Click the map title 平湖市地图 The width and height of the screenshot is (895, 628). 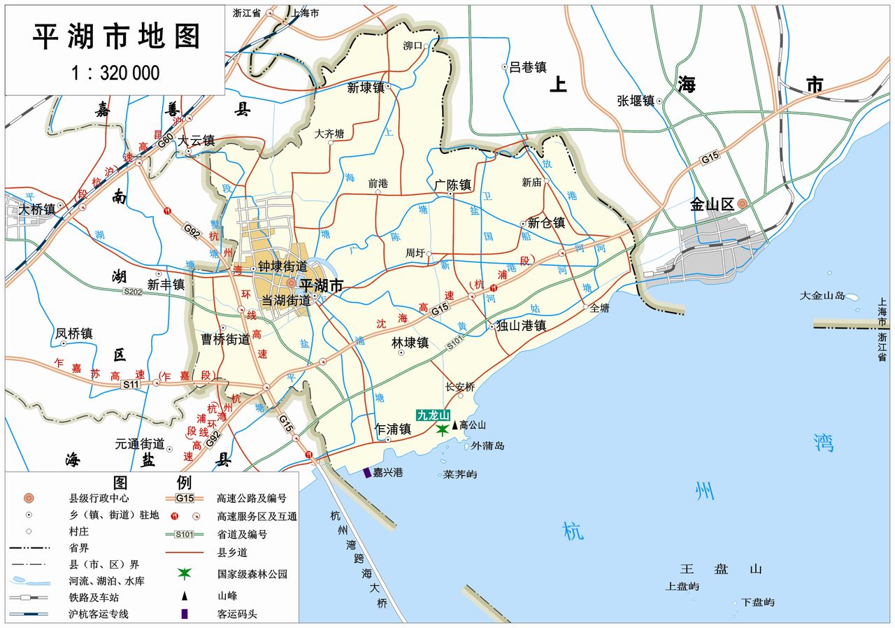(116, 37)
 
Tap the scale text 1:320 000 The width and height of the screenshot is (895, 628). (115, 73)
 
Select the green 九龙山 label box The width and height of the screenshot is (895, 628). (434, 415)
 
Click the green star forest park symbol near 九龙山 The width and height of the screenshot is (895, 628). (442, 429)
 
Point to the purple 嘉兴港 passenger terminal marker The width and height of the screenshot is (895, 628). (367, 473)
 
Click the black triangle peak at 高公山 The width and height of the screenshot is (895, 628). (455, 424)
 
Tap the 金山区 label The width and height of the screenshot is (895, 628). (712, 205)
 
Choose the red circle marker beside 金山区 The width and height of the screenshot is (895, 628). (743, 204)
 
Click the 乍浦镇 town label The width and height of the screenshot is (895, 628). (392, 429)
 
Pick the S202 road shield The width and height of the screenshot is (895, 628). (133, 292)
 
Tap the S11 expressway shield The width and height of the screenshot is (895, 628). (131, 385)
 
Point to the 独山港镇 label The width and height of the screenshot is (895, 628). (520, 326)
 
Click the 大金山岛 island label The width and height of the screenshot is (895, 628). (823, 296)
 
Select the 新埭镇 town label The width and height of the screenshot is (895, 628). (366, 88)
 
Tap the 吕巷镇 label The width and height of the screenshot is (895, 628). (527, 67)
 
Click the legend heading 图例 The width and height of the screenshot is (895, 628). (152, 483)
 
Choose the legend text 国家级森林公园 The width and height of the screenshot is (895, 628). (252, 574)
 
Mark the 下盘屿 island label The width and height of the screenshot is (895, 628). (758, 602)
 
